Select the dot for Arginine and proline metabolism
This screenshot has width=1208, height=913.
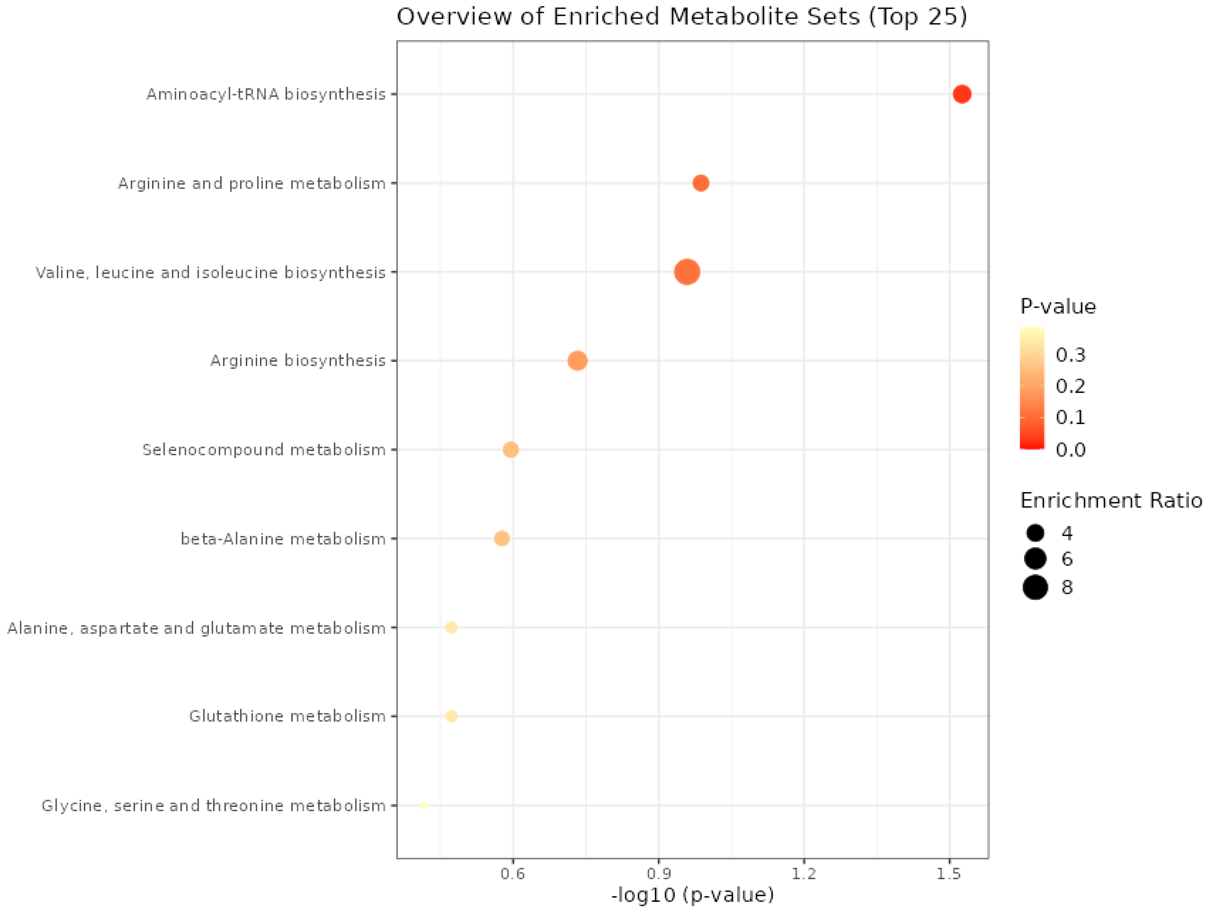pos(701,183)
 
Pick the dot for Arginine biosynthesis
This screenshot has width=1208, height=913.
pos(577,361)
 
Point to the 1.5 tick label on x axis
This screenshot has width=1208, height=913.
pos(949,874)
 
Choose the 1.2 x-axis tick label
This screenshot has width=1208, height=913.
pos(804,874)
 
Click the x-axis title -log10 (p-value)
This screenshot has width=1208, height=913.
pos(692,895)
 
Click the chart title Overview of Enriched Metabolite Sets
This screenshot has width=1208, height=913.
pos(681,16)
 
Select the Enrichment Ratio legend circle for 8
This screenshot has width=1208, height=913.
pos(1035,587)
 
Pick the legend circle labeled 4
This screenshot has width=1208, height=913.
pos(1035,533)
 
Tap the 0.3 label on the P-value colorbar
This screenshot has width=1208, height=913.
pos(1070,355)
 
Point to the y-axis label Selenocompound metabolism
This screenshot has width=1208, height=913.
pos(264,450)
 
